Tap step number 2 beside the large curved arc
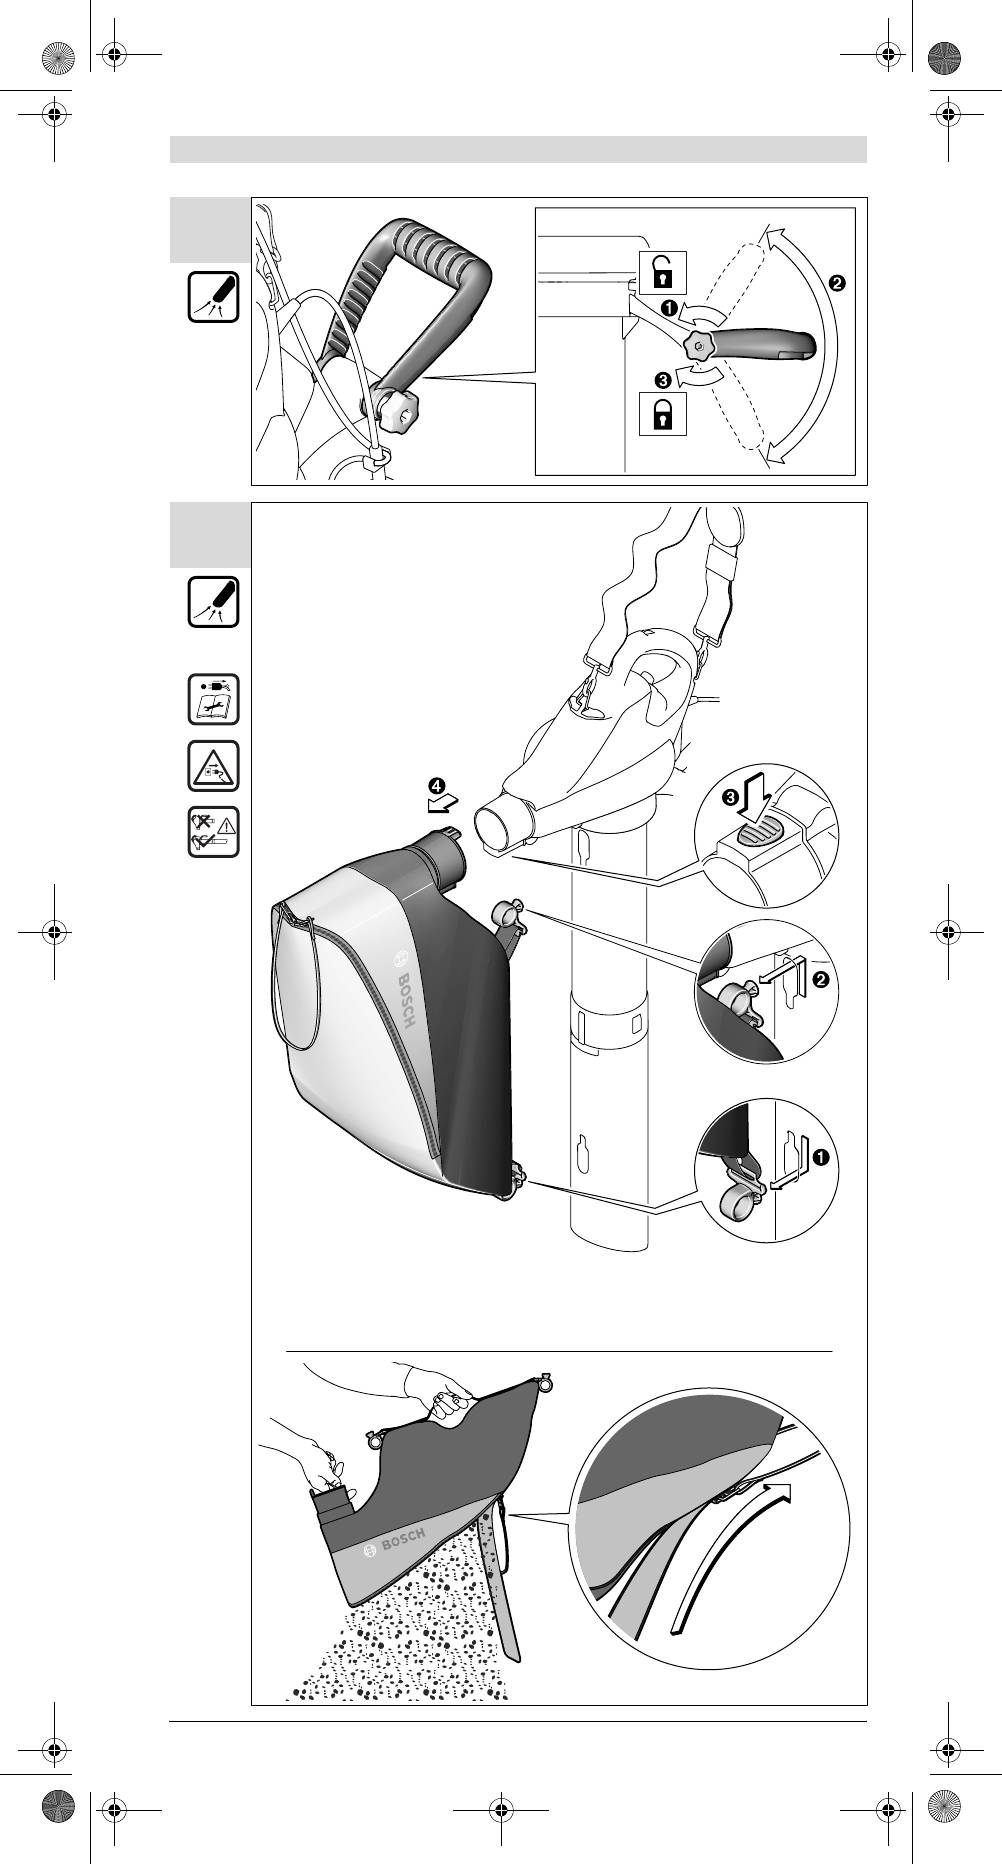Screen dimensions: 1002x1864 (x=836, y=283)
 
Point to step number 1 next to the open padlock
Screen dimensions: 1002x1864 (x=666, y=308)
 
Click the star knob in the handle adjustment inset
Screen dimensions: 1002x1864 (x=698, y=348)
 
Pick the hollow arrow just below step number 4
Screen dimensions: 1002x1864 (x=441, y=804)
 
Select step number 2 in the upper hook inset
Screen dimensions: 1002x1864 (x=821, y=979)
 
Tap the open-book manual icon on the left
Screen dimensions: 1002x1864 (x=213, y=699)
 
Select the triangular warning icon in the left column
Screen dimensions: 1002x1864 (x=213, y=766)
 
